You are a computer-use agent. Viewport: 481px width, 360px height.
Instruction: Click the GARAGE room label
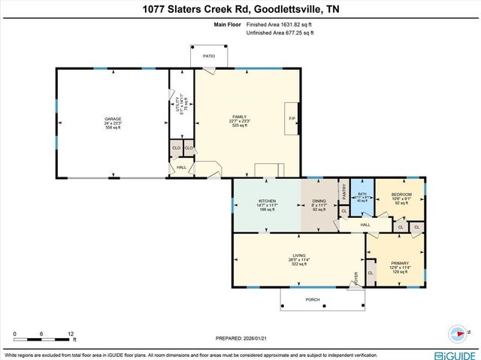113,119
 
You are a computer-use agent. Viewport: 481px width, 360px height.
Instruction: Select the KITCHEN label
268,201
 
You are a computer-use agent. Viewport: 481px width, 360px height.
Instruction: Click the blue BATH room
362,196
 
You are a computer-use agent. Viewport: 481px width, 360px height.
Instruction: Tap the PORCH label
313,299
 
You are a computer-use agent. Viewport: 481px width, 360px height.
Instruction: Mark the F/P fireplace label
292,119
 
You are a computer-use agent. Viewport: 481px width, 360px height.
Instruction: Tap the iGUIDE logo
454,352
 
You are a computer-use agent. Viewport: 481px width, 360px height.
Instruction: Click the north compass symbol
458,331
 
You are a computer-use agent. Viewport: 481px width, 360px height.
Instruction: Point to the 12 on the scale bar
70,333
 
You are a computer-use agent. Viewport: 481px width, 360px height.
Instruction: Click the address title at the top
240,9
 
